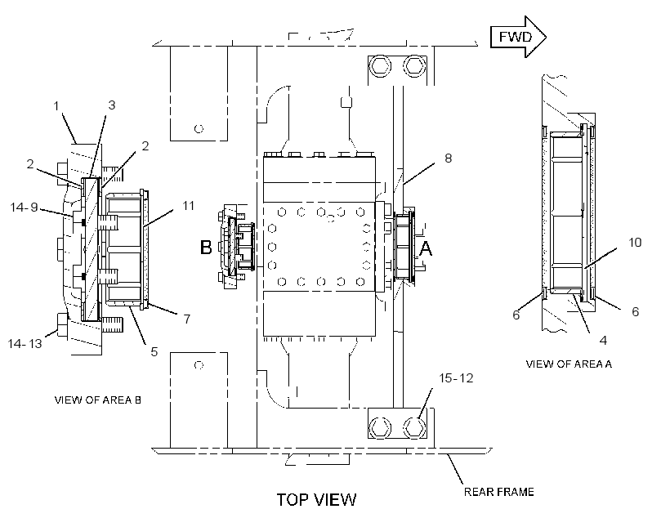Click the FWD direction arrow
point(518,37)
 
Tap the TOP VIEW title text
point(316,500)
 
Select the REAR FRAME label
point(498,492)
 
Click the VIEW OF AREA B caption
point(97,400)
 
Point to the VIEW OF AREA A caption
point(569,364)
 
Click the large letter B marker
point(206,247)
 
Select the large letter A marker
point(426,248)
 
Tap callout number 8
point(448,159)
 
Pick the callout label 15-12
point(456,378)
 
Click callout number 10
point(635,243)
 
